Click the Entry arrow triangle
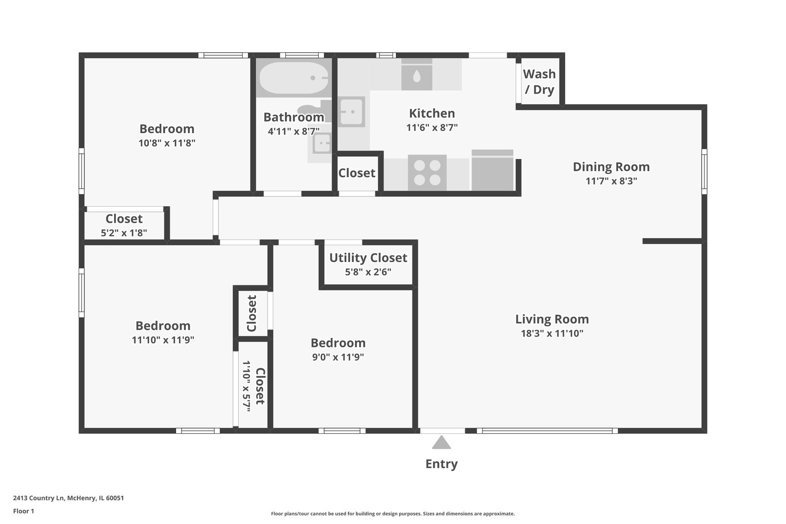pyautogui.click(x=441, y=443)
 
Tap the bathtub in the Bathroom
pyautogui.click(x=294, y=78)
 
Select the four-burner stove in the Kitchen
pyautogui.click(x=427, y=173)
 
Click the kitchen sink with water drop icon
pyautogui.click(x=416, y=75)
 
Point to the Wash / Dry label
pyautogui.click(x=539, y=82)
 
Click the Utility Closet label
pyautogui.click(x=368, y=258)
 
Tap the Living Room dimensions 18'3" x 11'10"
pyautogui.click(x=552, y=333)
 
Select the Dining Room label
pyautogui.click(x=611, y=166)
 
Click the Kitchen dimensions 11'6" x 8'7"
pyautogui.click(x=432, y=128)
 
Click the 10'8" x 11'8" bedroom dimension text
pyautogui.click(x=166, y=143)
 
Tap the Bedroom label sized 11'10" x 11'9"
pyautogui.click(x=163, y=326)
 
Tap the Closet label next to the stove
pyautogui.click(x=357, y=173)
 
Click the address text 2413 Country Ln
pyautogui.click(x=68, y=498)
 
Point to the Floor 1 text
pyautogui.click(x=23, y=511)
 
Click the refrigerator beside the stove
pyautogui.click(x=492, y=171)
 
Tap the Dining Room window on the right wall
pyautogui.click(x=704, y=169)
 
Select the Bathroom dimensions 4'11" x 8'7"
pyautogui.click(x=294, y=131)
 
